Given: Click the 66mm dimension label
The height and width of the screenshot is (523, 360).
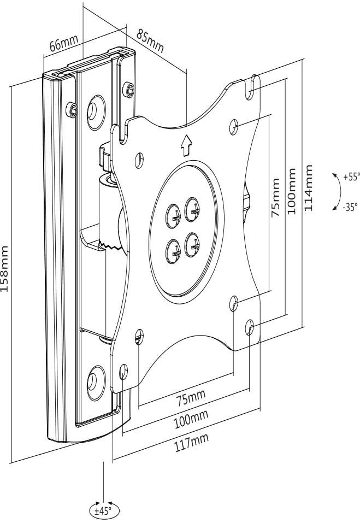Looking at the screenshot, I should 64,43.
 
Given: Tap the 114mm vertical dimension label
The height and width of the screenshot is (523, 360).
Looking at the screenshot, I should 309,189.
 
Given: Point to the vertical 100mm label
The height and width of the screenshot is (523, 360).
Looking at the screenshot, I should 292,191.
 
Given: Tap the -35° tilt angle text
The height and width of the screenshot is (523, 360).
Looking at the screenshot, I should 350,207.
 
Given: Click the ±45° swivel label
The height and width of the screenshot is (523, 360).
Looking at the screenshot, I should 103,511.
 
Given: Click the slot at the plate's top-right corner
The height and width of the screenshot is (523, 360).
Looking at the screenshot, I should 253,83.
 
